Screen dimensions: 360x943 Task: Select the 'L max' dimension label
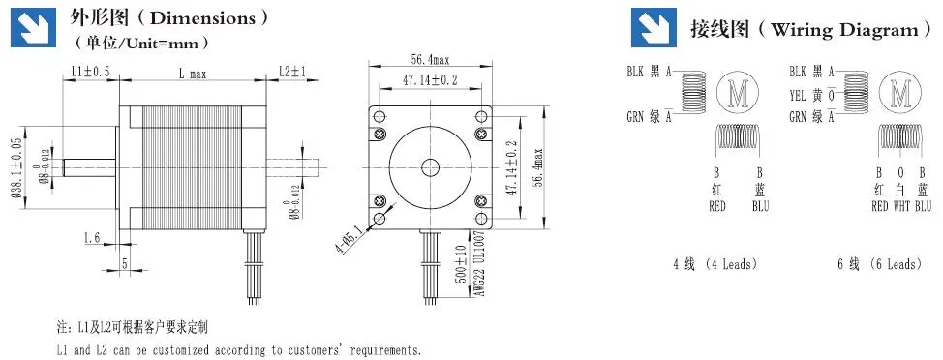[192, 73]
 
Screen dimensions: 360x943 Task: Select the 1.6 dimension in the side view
[93, 237]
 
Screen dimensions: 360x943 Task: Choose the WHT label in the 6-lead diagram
[901, 206]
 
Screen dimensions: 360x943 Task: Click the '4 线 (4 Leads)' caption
[715, 263]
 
